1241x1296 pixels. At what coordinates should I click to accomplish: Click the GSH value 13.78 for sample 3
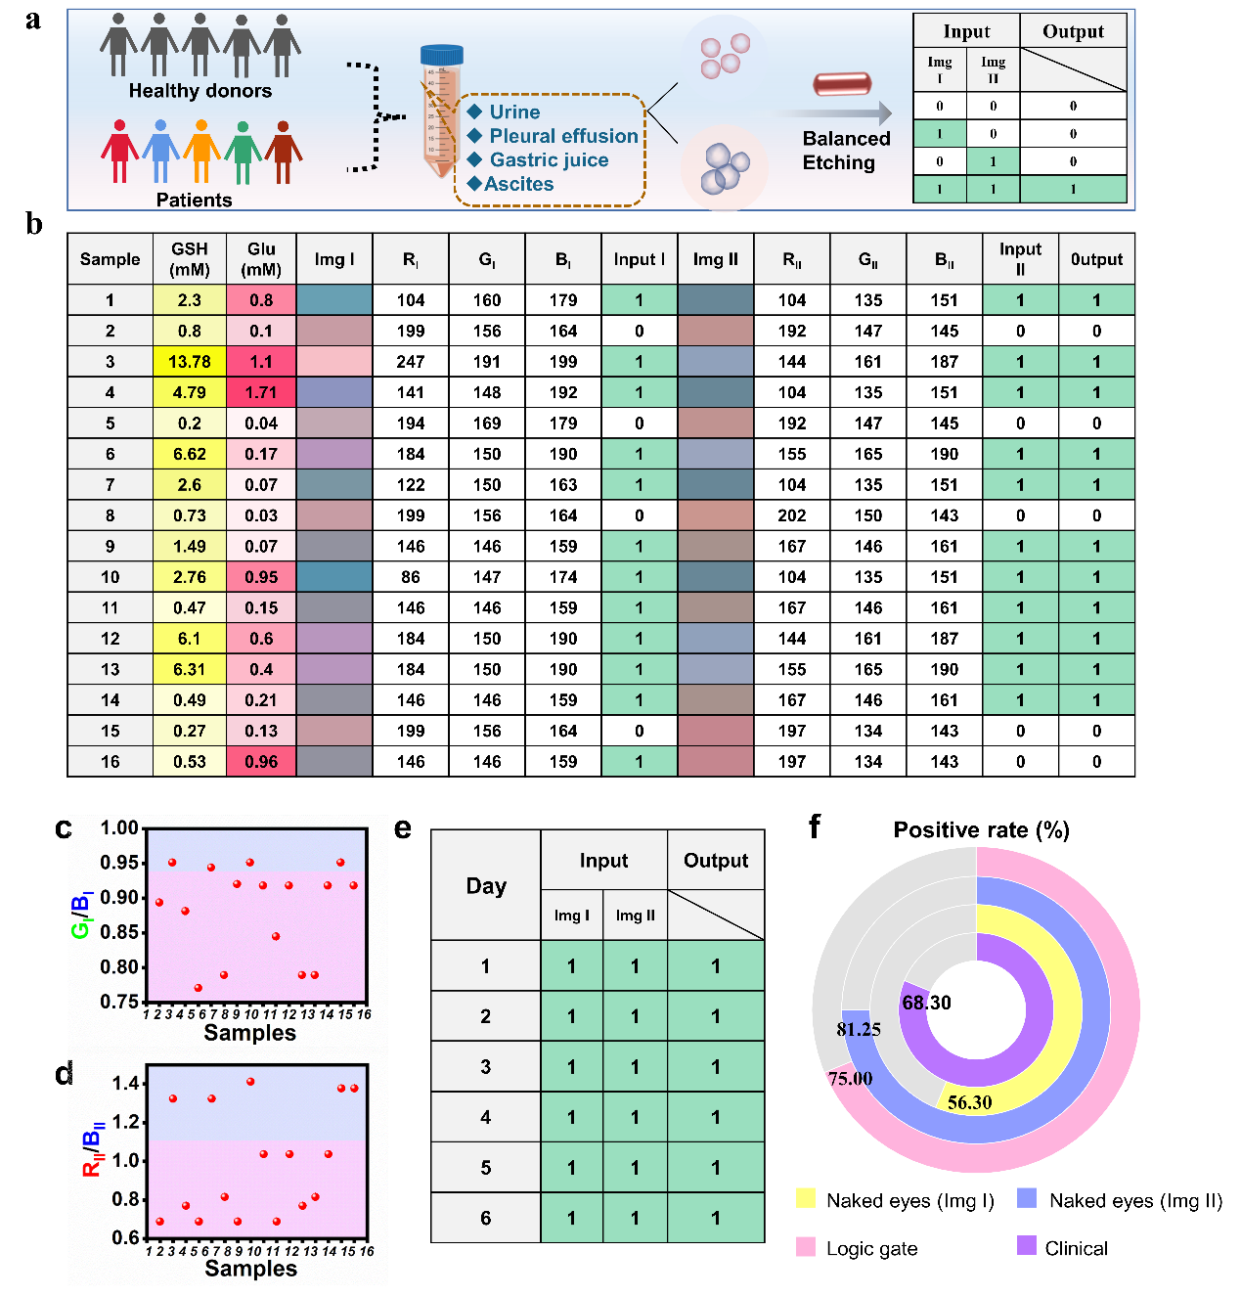[x=190, y=362]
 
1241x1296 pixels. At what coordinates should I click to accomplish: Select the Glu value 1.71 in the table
[x=261, y=392]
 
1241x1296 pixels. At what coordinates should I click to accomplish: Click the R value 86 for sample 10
[x=411, y=577]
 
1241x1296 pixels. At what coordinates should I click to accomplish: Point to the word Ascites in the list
[x=519, y=184]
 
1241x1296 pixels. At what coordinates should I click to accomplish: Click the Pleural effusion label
[x=563, y=136]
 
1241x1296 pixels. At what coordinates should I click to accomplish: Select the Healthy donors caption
[x=200, y=91]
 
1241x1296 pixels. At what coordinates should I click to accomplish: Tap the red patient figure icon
[x=119, y=152]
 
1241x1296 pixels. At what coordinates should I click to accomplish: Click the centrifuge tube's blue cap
[x=441, y=56]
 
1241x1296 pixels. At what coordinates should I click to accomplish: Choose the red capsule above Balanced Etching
[x=842, y=84]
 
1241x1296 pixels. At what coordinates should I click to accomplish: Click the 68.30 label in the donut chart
[x=926, y=1003]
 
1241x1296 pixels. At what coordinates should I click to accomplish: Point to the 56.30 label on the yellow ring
[x=969, y=1102]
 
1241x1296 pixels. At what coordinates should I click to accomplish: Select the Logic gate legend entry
[x=871, y=1248]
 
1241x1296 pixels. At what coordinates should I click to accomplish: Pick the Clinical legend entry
[x=1076, y=1248]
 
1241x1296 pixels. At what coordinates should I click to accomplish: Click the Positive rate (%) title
[x=981, y=830]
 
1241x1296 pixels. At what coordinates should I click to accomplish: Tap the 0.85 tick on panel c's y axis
[x=119, y=932]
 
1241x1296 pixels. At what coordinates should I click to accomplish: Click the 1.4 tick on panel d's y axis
[x=125, y=1083]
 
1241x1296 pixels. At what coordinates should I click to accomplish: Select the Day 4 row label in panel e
[x=485, y=1117]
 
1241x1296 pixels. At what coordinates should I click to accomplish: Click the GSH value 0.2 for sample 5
[x=190, y=424]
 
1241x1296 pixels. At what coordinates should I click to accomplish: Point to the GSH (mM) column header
[x=190, y=259]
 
